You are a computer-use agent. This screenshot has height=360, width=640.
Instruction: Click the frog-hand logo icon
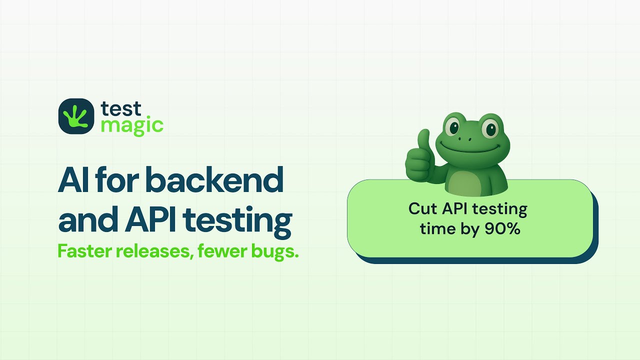click(76, 116)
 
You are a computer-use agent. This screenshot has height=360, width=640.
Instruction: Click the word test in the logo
click(121, 108)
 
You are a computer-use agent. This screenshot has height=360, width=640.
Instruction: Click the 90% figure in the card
click(502, 229)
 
